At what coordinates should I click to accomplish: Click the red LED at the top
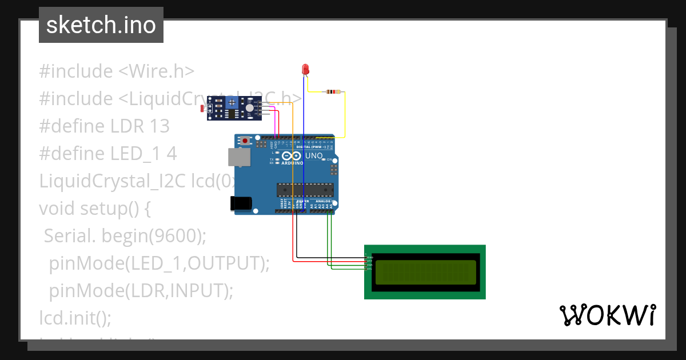click(x=306, y=69)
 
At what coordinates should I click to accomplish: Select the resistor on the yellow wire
click(x=332, y=91)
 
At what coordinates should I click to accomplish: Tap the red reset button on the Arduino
click(x=246, y=140)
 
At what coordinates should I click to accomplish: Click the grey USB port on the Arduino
click(x=238, y=158)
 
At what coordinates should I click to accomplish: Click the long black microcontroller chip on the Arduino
click(x=305, y=189)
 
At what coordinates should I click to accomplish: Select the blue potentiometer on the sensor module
click(x=232, y=103)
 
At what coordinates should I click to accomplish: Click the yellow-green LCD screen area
click(x=426, y=272)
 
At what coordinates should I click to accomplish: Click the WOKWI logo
click(x=607, y=315)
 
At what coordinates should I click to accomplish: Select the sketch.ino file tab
click(x=101, y=25)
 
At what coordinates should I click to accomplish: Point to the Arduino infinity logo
click(x=290, y=156)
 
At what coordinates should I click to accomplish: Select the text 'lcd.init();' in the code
click(x=75, y=317)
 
